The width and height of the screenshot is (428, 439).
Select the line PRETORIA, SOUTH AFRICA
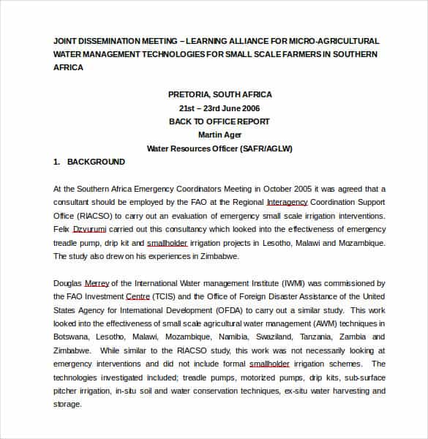(x=219, y=94)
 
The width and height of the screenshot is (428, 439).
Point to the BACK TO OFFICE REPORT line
(x=219, y=121)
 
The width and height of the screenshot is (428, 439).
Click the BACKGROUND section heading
(x=96, y=162)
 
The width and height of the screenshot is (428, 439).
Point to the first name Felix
(x=62, y=230)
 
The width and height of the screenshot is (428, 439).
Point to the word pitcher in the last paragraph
(x=67, y=391)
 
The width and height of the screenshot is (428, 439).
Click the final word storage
(x=67, y=405)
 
